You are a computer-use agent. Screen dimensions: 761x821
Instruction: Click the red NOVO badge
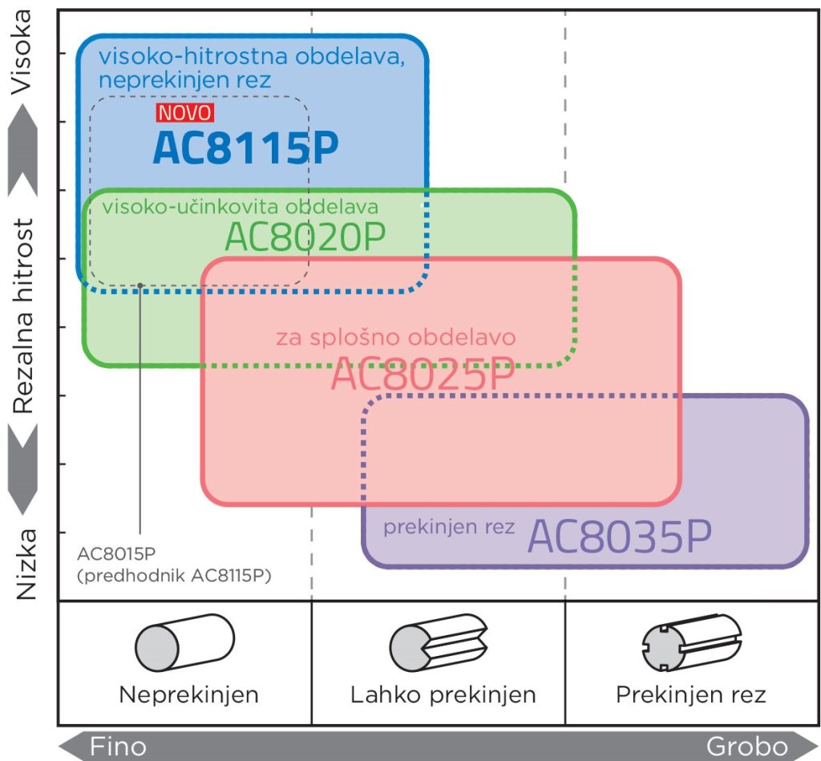coord(185,113)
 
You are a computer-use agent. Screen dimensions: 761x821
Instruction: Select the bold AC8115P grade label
coord(245,148)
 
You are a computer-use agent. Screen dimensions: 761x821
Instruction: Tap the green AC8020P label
coord(305,236)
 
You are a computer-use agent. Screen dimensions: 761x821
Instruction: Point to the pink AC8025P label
coord(422,375)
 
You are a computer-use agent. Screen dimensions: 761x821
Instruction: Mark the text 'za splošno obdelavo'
coord(395,337)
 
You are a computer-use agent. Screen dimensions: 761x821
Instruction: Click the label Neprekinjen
coord(188,694)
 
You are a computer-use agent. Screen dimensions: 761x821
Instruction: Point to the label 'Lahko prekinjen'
coord(443,694)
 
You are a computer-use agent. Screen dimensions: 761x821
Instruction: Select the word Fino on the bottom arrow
coord(118,747)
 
